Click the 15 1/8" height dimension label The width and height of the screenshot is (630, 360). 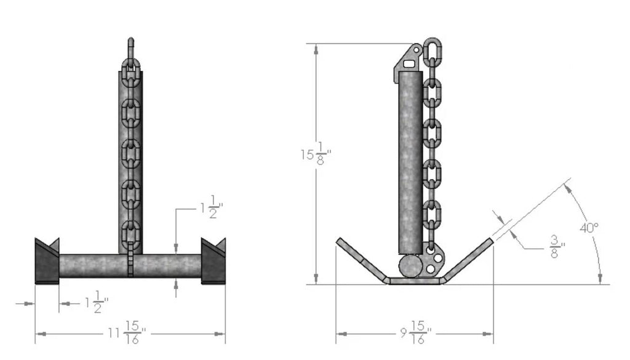pyautogui.click(x=316, y=153)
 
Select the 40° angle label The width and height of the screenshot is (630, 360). pyautogui.click(x=589, y=228)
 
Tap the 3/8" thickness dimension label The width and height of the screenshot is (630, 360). pyautogui.click(x=557, y=247)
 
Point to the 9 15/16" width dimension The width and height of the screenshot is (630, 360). pyautogui.click(x=416, y=333)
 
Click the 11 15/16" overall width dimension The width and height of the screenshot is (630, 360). pyautogui.click(x=127, y=333)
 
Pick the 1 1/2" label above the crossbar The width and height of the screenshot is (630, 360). pyautogui.click(x=212, y=207)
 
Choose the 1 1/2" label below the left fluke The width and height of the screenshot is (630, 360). pyautogui.click(x=97, y=302)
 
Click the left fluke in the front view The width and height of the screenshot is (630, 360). pyautogui.click(x=47, y=261)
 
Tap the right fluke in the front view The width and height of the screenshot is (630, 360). pyautogui.click(x=213, y=261)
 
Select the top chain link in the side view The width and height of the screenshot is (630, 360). pyautogui.click(x=433, y=49)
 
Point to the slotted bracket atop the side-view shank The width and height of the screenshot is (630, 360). pyautogui.click(x=409, y=63)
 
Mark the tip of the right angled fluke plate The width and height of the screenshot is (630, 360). pyautogui.click(x=491, y=240)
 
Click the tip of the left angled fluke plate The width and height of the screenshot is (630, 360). pyautogui.click(x=338, y=240)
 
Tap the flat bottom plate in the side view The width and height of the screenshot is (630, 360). pyautogui.click(x=415, y=281)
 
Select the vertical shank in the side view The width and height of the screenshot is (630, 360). pyautogui.click(x=410, y=162)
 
